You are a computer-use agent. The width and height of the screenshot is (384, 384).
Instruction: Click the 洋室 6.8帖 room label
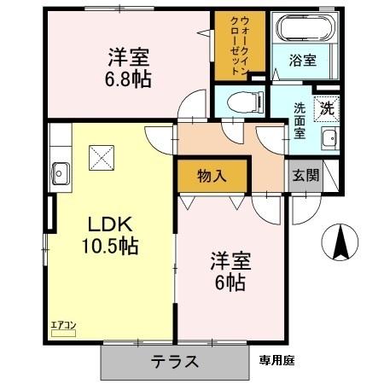[x=129, y=67]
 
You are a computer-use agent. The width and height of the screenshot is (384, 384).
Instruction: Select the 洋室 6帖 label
[x=227, y=272]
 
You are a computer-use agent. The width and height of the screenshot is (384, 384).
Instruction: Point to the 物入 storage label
[x=212, y=177]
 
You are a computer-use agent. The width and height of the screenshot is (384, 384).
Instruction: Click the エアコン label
[x=63, y=323]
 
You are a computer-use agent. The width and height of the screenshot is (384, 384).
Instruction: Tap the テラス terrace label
[x=175, y=361]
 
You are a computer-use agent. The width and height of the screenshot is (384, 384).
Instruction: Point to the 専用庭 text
[x=276, y=361]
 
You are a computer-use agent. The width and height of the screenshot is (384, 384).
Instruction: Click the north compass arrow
[x=340, y=243]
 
